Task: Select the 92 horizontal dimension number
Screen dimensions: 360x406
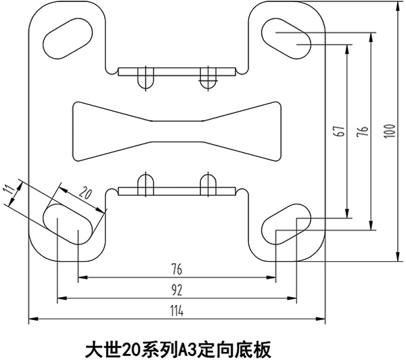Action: [x=177, y=290]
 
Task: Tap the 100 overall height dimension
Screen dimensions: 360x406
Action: [x=388, y=129]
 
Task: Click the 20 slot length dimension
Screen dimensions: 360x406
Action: [x=85, y=193]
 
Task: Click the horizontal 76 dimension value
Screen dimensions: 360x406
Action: [x=177, y=269]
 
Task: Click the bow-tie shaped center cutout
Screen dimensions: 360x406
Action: [x=176, y=132]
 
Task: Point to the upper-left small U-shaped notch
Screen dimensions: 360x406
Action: [x=143, y=78]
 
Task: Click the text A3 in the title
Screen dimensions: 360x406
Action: [x=185, y=350]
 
